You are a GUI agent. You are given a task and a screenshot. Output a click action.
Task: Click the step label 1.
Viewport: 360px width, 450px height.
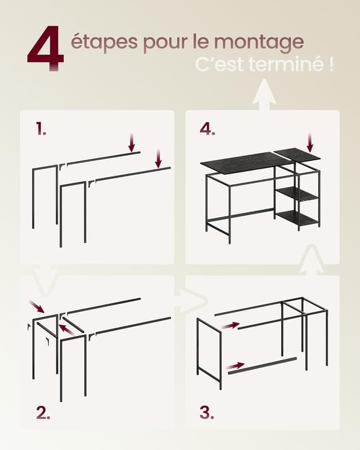coord(41,129)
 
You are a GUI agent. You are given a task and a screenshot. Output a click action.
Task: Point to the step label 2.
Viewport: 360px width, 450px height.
coord(43,413)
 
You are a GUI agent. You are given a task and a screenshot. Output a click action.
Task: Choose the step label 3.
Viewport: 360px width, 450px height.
coord(207,413)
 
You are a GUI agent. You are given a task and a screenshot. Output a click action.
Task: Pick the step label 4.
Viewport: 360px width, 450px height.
coord(208,129)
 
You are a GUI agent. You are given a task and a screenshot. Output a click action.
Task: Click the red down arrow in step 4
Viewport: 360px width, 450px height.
coord(310,142)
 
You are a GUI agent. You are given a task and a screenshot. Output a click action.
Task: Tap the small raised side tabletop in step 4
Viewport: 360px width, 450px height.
coord(296,155)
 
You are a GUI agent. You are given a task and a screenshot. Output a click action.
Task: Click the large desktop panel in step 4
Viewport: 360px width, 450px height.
coord(245,163)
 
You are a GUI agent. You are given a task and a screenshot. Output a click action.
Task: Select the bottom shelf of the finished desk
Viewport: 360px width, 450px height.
coord(297,218)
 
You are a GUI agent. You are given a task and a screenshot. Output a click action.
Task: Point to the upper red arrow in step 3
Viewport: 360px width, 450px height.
coord(229,325)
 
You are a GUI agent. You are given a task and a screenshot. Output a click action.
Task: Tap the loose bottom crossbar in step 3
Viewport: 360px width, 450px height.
coord(262,364)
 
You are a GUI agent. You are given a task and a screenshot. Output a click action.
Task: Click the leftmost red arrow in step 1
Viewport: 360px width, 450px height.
coord(132,142)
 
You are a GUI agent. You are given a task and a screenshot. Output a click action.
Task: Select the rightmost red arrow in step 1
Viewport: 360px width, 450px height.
coord(159,158)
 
